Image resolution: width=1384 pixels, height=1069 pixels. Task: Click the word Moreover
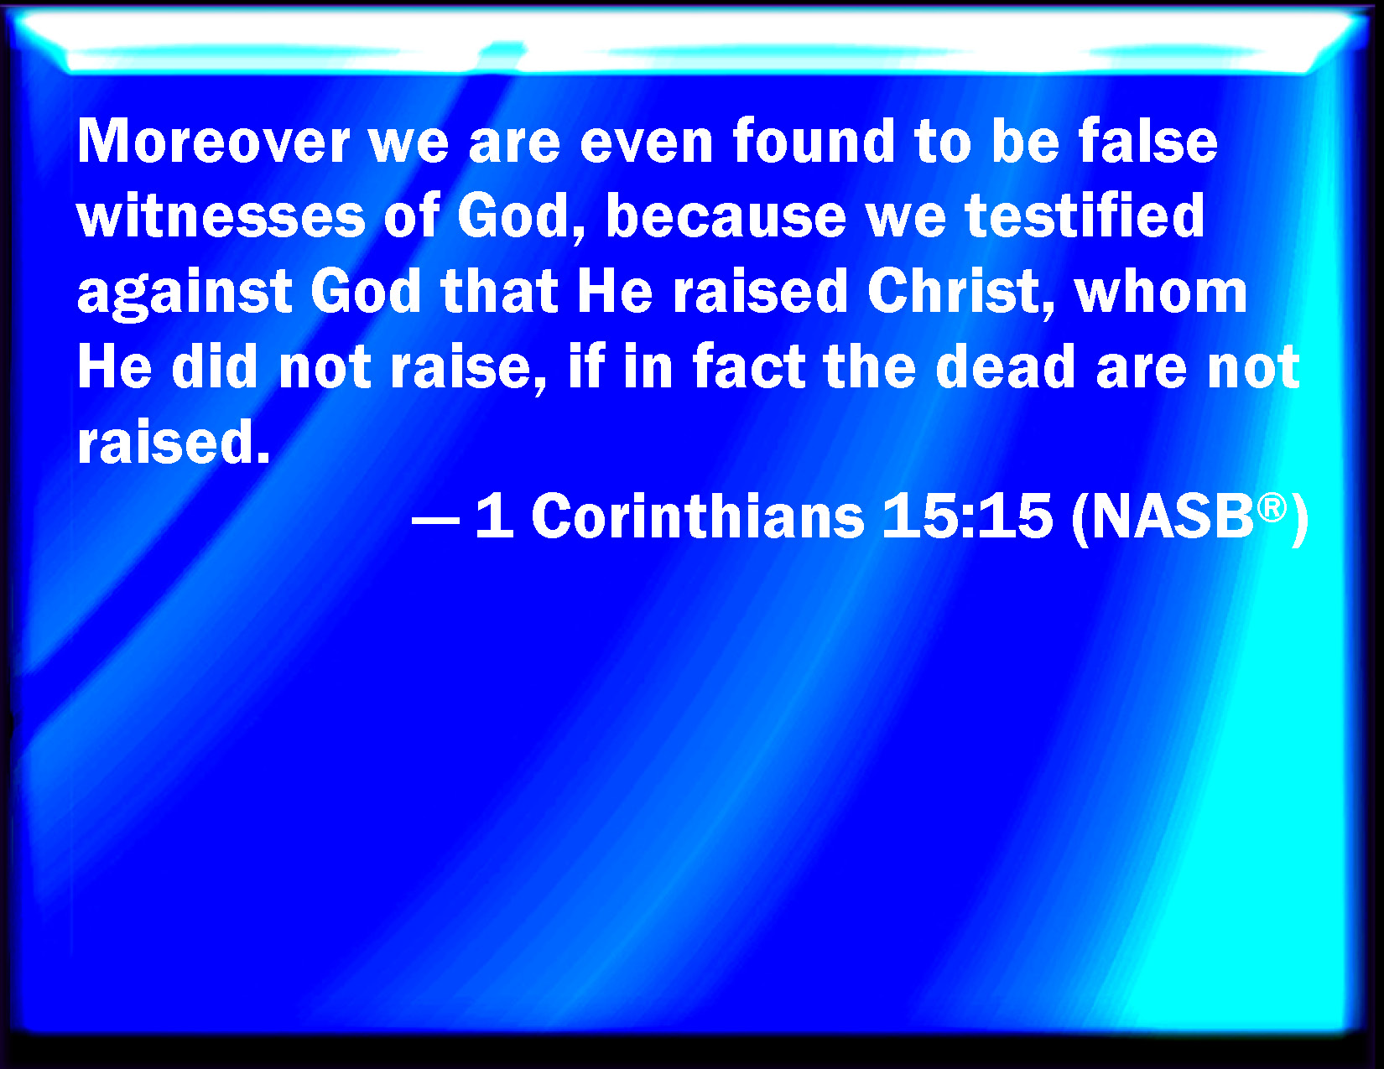[x=213, y=142]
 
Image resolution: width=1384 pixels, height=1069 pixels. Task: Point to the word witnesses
[x=221, y=216]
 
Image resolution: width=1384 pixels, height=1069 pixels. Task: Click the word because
[x=726, y=216]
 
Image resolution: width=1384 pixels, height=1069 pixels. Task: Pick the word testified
[x=1085, y=216]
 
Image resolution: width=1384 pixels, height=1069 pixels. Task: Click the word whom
[x=1160, y=293]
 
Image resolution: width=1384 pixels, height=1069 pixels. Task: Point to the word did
[x=215, y=367]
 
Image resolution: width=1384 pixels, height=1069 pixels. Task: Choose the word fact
[x=749, y=367]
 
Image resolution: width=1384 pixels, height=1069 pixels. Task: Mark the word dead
[x=1006, y=367]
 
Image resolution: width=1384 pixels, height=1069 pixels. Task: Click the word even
[x=646, y=143]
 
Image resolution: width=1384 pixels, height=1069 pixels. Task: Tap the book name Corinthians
[x=698, y=516]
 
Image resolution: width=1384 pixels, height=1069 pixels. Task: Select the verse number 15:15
[x=967, y=516]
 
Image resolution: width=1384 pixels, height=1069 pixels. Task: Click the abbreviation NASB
[x=1172, y=516]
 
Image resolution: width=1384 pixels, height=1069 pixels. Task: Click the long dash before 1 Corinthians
[x=435, y=520]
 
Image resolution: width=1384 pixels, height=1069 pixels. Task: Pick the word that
[x=499, y=293]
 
